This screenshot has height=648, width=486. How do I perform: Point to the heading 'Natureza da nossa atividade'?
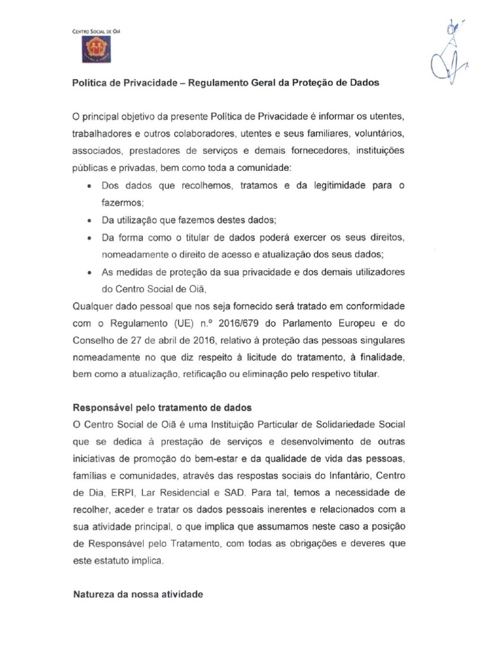(x=138, y=595)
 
